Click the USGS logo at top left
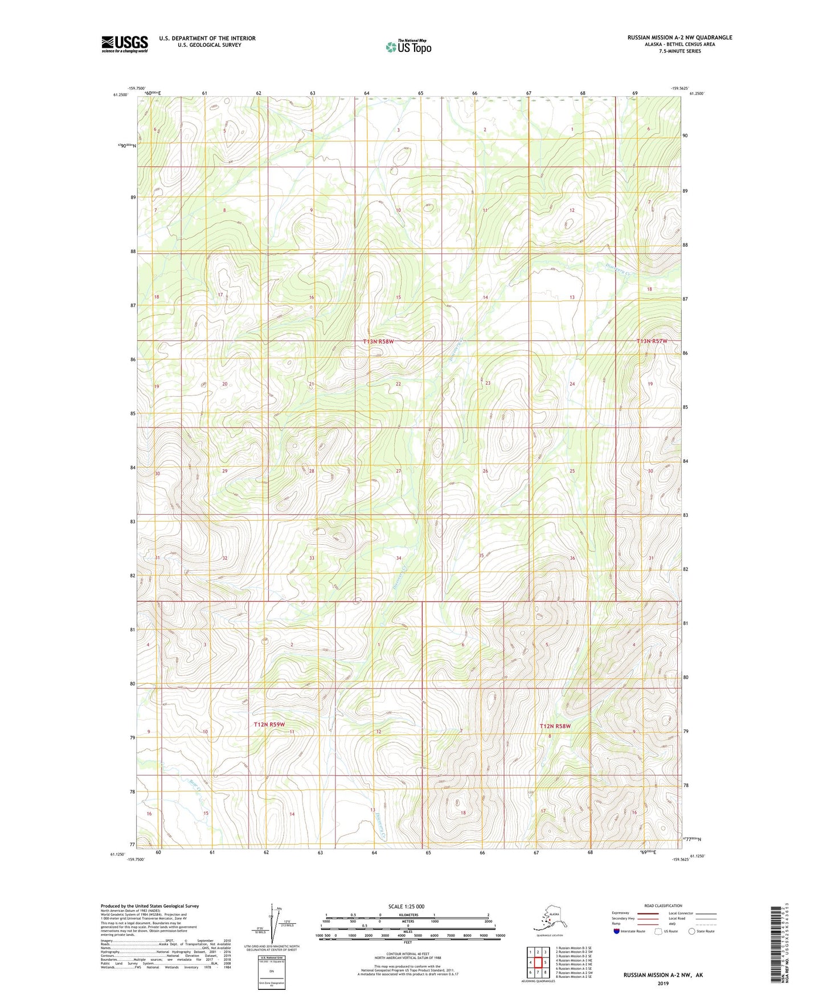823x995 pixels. [x=124, y=44]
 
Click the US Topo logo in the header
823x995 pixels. [x=408, y=47]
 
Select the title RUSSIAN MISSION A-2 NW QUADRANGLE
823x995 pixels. [x=679, y=38]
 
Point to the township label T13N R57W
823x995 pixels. [x=651, y=341]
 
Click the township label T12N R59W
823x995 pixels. [x=269, y=724]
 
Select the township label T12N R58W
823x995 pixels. [x=555, y=726]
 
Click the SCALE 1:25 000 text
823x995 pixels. [x=407, y=906]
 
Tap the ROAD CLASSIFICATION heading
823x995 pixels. [x=663, y=906]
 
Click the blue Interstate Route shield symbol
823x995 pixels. [x=616, y=931]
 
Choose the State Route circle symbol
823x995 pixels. [x=692, y=931]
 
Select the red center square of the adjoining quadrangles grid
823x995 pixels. [x=538, y=963]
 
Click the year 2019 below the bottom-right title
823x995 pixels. [x=662, y=983]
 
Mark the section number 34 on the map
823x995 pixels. [x=399, y=558]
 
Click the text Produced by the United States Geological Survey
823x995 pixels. [x=150, y=906]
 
